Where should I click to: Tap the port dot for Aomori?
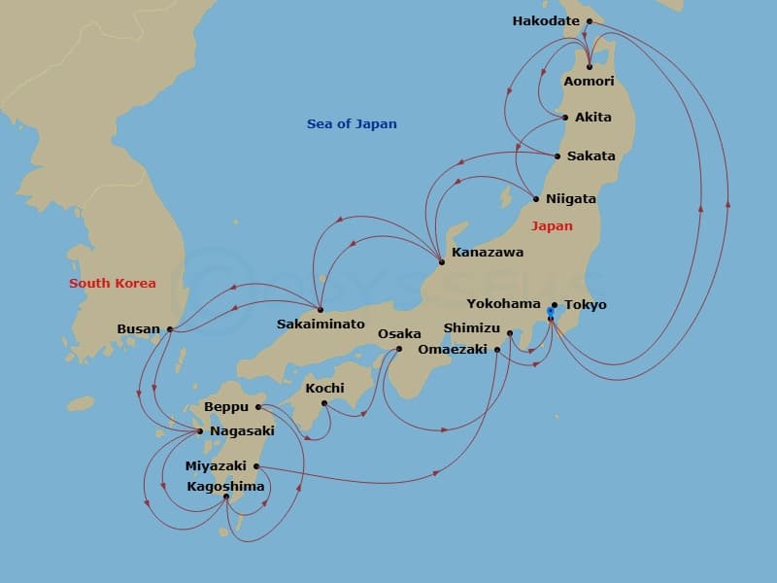[x=590, y=66]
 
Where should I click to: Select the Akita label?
[x=593, y=117]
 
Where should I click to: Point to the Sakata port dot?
[x=557, y=155]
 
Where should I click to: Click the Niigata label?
[x=571, y=198]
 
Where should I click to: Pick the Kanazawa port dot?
[x=442, y=261]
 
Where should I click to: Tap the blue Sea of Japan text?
[x=352, y=123]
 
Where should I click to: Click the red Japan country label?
[x=552, y=225]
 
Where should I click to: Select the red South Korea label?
[x=112, y=283]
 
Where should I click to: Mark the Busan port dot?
[x=170, y=328]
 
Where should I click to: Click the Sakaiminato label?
[x=321, y=324]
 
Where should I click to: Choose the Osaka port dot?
[x=399, y=348]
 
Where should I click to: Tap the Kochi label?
[x=324, y=388]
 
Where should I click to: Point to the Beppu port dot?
[x=258, y=407]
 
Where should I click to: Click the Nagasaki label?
[x=241, y=430]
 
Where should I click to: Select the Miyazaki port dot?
[x=256, y=465]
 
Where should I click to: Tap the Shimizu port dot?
[x=510, y=333]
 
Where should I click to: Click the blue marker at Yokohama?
[x=550, y=312]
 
